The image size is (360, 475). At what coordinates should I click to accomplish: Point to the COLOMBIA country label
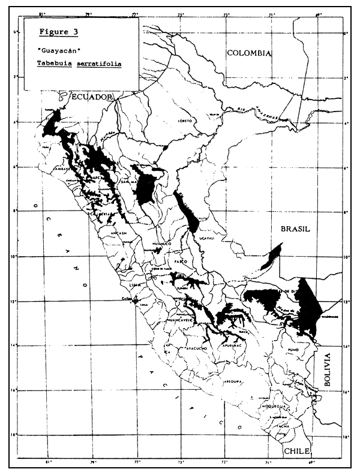pyautogui.click(x=249, y=53)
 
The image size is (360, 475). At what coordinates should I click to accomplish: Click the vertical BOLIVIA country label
pyautogui.click(x=327, y=372)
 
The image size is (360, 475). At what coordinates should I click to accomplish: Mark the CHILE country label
pyautogui.click(x=296, y=450)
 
